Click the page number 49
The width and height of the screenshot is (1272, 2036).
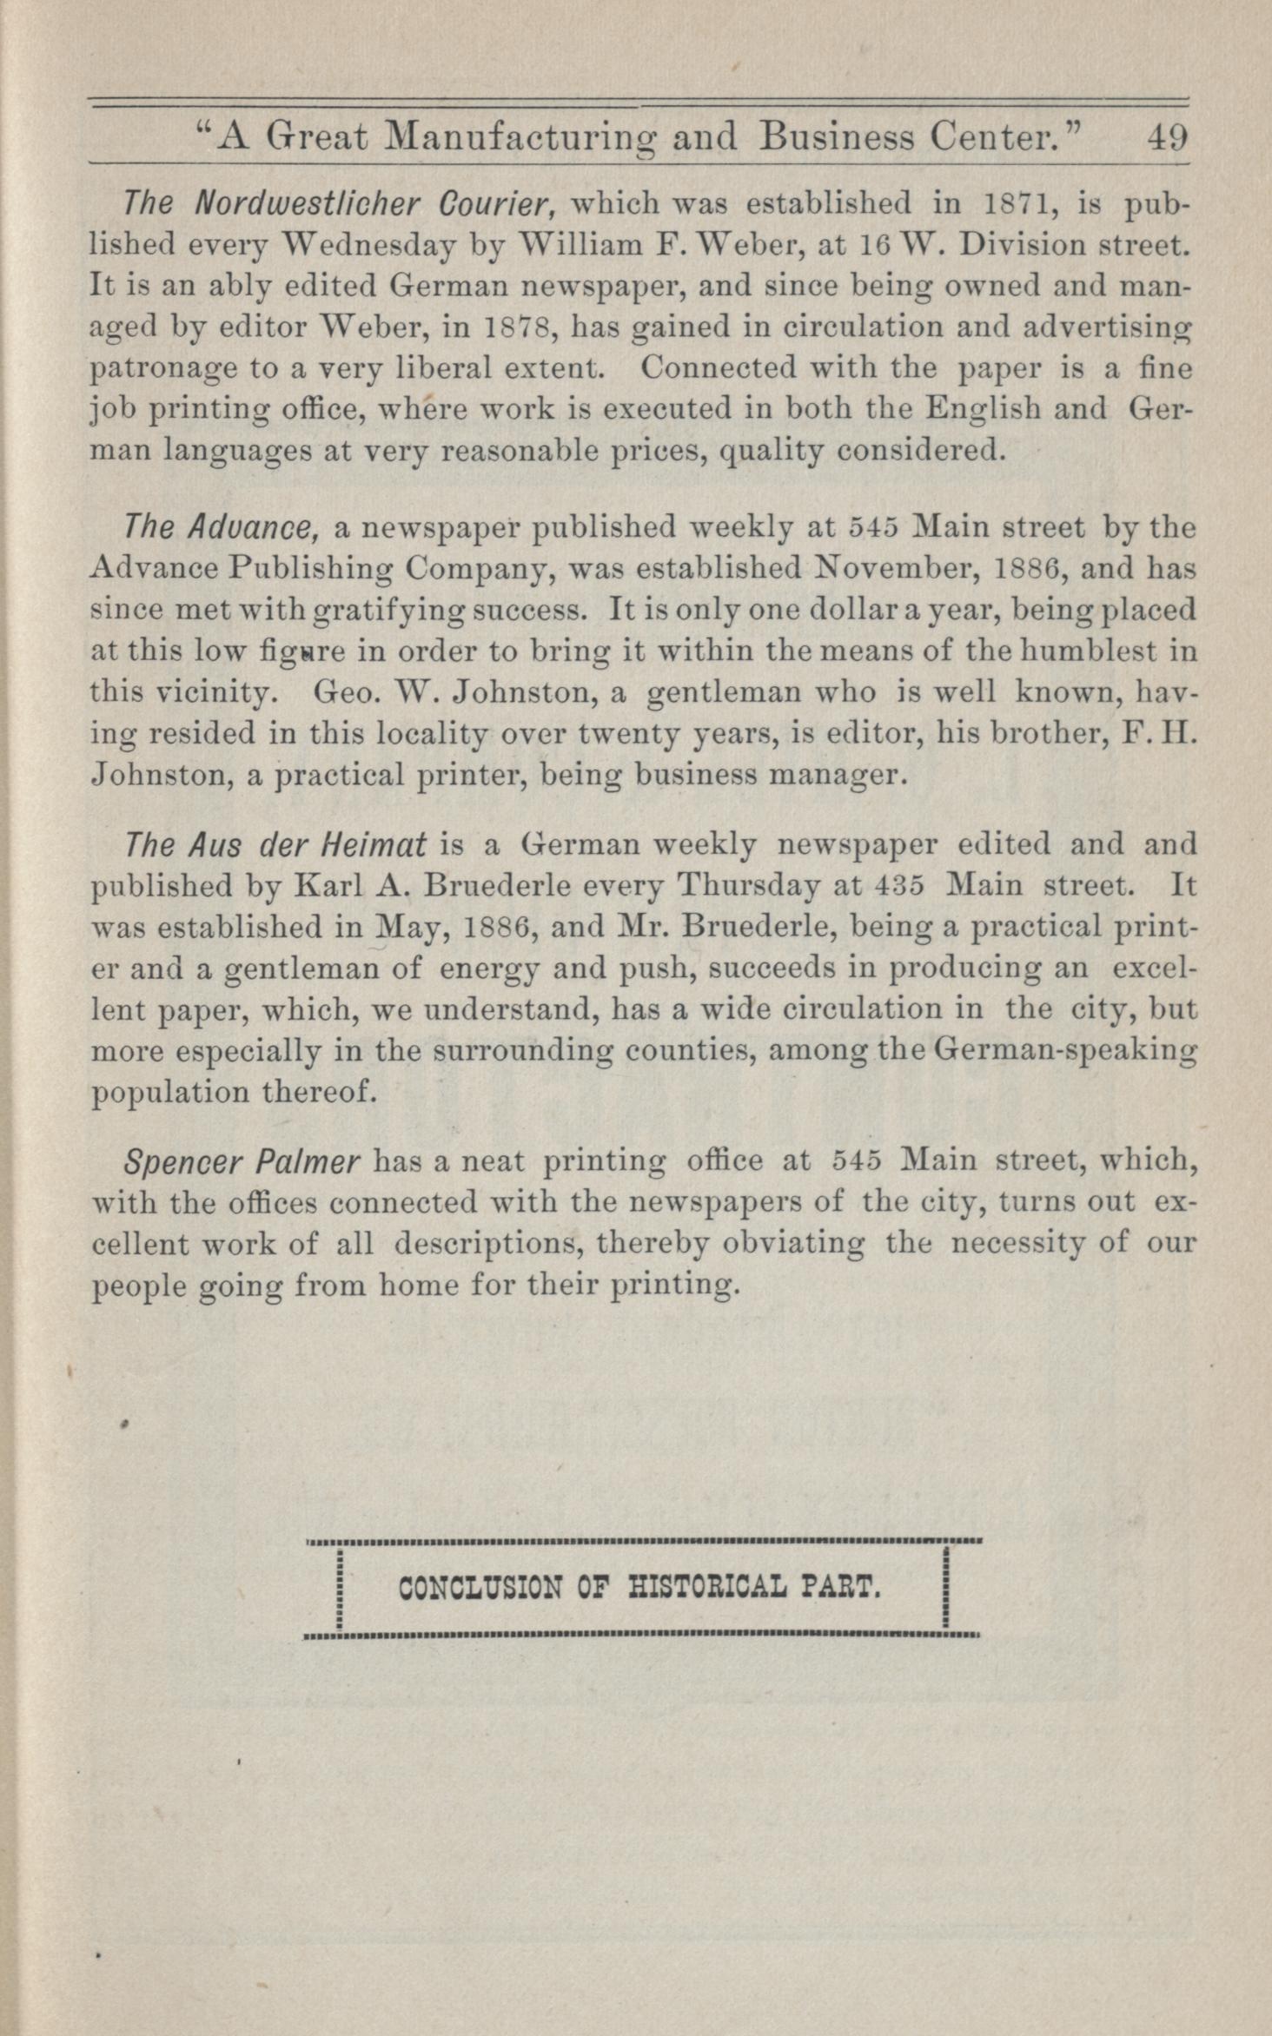pos(1167,137)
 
